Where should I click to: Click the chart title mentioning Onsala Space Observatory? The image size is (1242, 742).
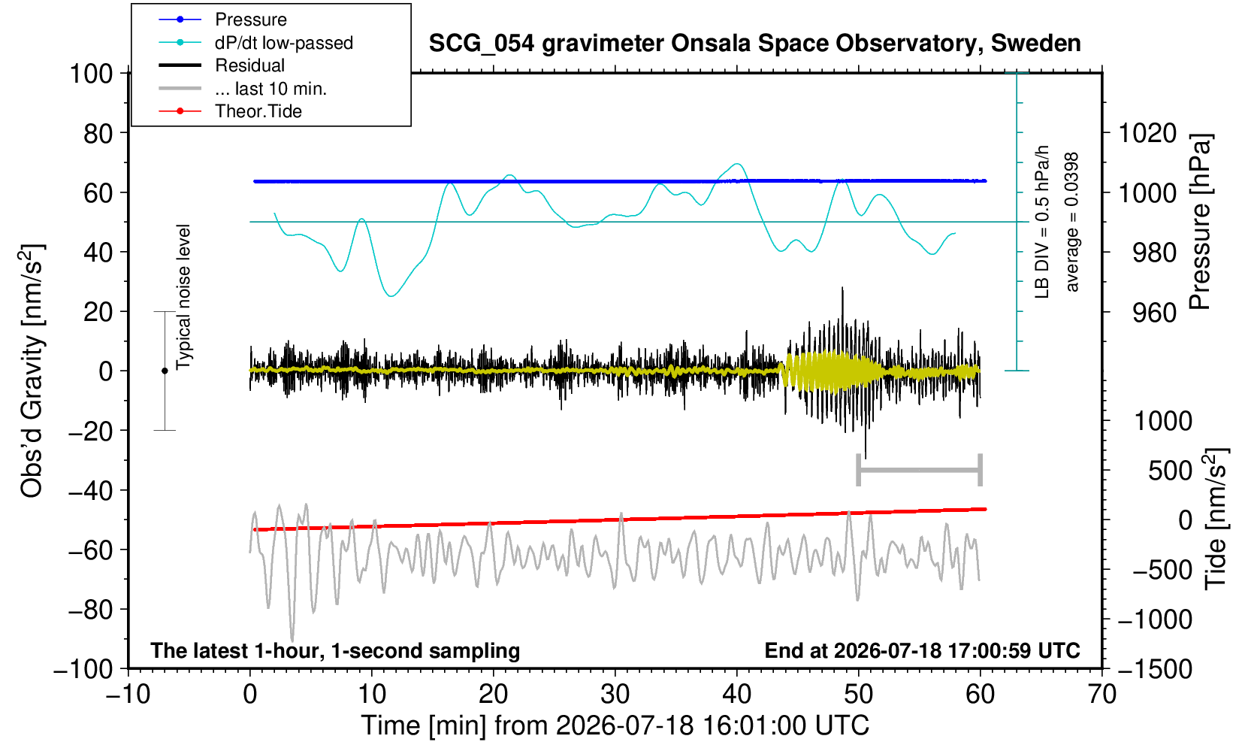754,44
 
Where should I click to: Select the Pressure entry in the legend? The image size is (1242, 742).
251,20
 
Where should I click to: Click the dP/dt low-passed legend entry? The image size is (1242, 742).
284,43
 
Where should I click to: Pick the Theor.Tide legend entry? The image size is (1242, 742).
258,111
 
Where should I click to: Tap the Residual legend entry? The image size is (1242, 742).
249,65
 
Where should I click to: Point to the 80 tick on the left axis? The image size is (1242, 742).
98,133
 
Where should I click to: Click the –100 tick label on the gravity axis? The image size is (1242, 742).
83,669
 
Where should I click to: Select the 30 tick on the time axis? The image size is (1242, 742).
615,695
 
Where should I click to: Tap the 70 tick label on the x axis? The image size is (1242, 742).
1101,695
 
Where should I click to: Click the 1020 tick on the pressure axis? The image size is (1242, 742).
1148,133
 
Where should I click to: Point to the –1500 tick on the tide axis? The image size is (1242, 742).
1155,669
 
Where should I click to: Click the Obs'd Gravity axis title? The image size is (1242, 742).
32,371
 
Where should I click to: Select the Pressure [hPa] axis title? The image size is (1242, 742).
1201,222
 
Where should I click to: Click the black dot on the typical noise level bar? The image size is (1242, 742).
165,371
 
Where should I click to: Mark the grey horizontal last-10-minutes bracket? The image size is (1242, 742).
920,470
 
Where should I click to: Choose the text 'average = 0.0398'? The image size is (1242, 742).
1072,222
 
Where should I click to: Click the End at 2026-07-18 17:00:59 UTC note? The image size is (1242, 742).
923,650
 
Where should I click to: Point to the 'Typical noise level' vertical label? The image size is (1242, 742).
183,298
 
